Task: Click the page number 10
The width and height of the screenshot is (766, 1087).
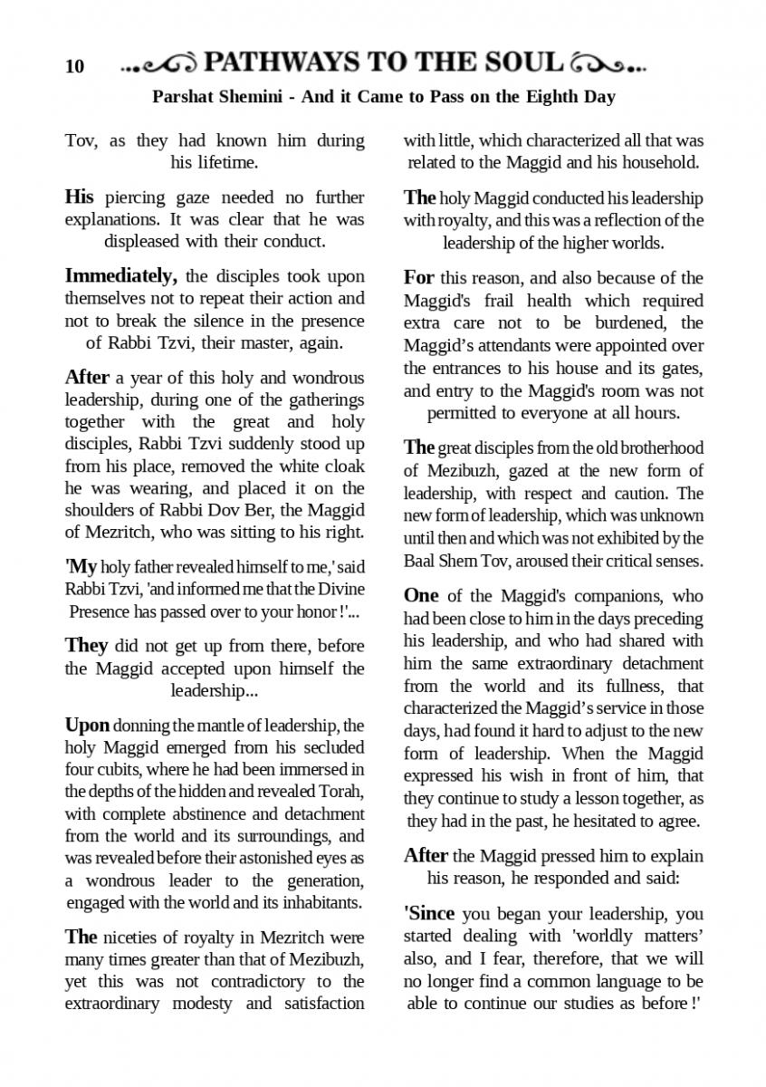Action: coord(75,66)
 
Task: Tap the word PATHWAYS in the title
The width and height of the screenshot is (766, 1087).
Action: coord(282,63)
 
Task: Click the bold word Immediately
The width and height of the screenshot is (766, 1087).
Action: coord(121,276)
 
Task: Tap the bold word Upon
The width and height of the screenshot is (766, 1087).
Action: coord(87,726)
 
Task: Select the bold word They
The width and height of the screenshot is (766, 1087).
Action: coord(86,646)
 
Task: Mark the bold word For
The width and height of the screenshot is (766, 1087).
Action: coord(418,277)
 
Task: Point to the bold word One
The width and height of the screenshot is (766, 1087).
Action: coord(420,595)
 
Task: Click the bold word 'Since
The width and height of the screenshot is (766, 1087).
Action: coord(429,913)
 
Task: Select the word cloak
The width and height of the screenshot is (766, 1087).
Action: coord(345,467)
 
